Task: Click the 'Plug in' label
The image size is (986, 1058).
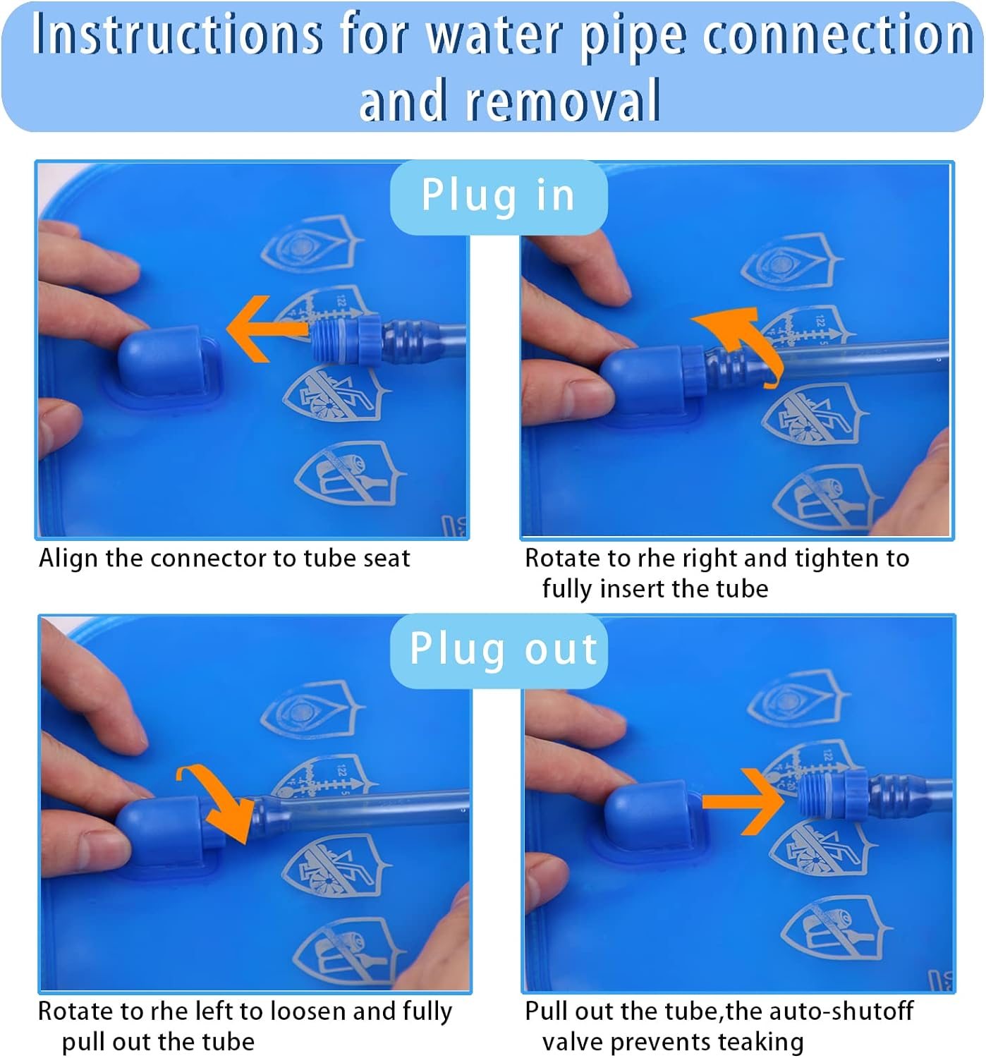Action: tap(499, 197)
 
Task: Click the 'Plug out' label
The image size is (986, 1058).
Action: tap(504, 650)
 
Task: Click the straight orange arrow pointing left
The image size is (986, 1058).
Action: tap(267, 329)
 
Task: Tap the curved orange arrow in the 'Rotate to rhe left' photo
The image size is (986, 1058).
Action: tap(219, 802)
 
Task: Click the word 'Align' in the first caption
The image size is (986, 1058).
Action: tap(68, 559)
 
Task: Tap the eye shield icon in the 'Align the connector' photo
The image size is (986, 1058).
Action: tap(312, 245)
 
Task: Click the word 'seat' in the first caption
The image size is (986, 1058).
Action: tap(387, 559)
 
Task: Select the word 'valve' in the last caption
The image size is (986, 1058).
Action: tap(573, 1042)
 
